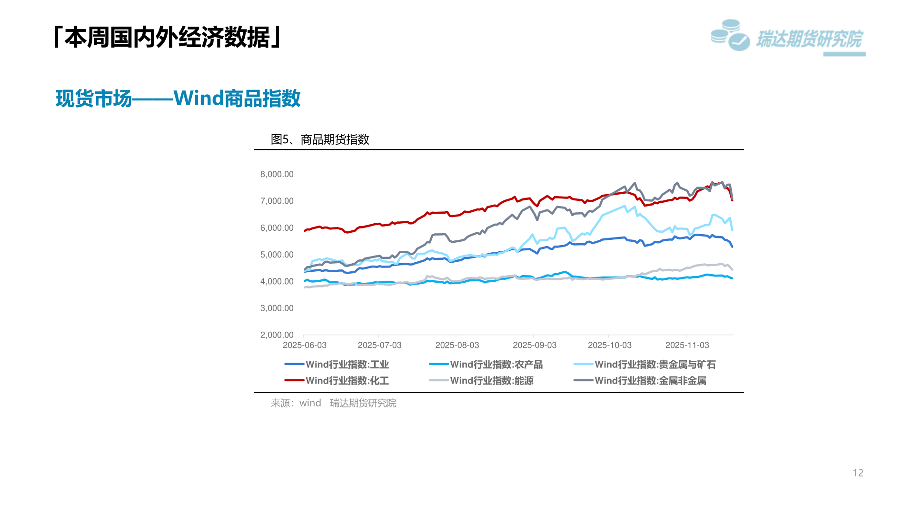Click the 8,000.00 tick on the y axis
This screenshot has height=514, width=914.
(x=277, y=174)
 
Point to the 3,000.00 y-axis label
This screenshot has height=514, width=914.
(x=277, y=308)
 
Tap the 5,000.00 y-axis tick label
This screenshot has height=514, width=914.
(x=277, y=255)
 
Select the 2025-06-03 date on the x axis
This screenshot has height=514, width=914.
(x=305, y=345)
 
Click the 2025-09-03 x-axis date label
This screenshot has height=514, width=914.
(x=535, y=345)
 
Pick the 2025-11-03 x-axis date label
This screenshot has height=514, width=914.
(x=687, y=345)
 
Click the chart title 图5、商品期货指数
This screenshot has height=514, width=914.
(x=320, y=139)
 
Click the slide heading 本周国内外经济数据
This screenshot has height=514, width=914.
(x=168, y=37)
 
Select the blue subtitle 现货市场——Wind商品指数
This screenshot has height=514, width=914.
(x=178, y=99)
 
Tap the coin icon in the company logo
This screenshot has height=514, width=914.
(x=729, y=35)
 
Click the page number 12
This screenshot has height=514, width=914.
(x=858, y=473)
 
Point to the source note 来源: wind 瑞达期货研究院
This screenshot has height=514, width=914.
(x=333, y=403)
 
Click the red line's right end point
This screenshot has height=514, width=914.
(x=732, y=200)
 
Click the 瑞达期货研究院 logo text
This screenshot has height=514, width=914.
(x=809, y=39)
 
